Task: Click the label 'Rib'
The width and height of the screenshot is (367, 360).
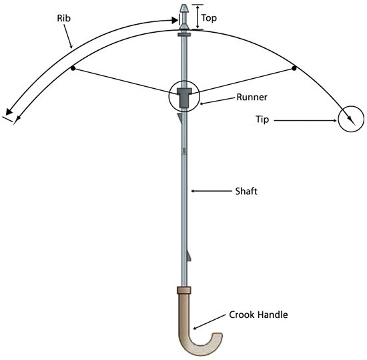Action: point(63,18)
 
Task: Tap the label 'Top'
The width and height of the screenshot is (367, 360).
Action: point(209,18)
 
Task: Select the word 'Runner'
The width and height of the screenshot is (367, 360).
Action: point(252,98)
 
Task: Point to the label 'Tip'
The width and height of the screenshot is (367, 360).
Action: point(262,120)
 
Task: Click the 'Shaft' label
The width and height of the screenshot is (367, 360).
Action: point(246,191)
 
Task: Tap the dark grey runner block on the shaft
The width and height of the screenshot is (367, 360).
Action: point(184,98)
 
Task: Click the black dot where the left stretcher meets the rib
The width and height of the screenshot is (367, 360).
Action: point(73,68)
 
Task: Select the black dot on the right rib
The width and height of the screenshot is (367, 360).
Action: point(294,68)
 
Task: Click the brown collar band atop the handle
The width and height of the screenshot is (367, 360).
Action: point(184,290)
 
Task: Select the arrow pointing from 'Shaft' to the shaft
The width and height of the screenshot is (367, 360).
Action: point(212,191)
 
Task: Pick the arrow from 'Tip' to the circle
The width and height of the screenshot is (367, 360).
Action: point(306,121)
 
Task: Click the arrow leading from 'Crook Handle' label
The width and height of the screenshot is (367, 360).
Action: point(209,322)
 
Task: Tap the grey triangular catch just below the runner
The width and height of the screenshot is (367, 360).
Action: point(179,118)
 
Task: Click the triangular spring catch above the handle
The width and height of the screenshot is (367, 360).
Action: point(189,255)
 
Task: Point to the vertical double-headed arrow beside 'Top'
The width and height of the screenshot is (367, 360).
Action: point(198,17)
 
